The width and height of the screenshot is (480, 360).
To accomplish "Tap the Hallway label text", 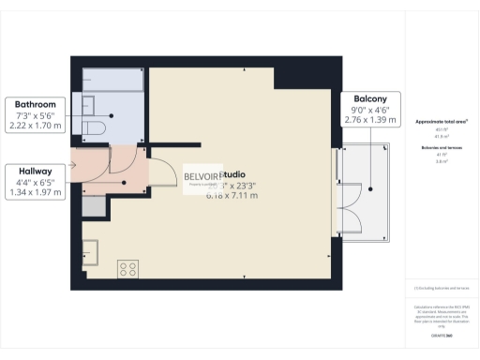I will [x=36, y=171].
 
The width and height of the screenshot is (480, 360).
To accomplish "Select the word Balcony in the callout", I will [x=372, y=99].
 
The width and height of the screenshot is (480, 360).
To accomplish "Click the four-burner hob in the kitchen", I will [x=127, y=269].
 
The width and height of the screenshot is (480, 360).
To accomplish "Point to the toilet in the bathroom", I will [x=96, y=126].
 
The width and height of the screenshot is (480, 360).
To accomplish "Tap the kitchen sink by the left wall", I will [x=90, y=251].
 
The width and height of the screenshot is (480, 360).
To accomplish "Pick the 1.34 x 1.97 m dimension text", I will [x=36, y=193].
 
